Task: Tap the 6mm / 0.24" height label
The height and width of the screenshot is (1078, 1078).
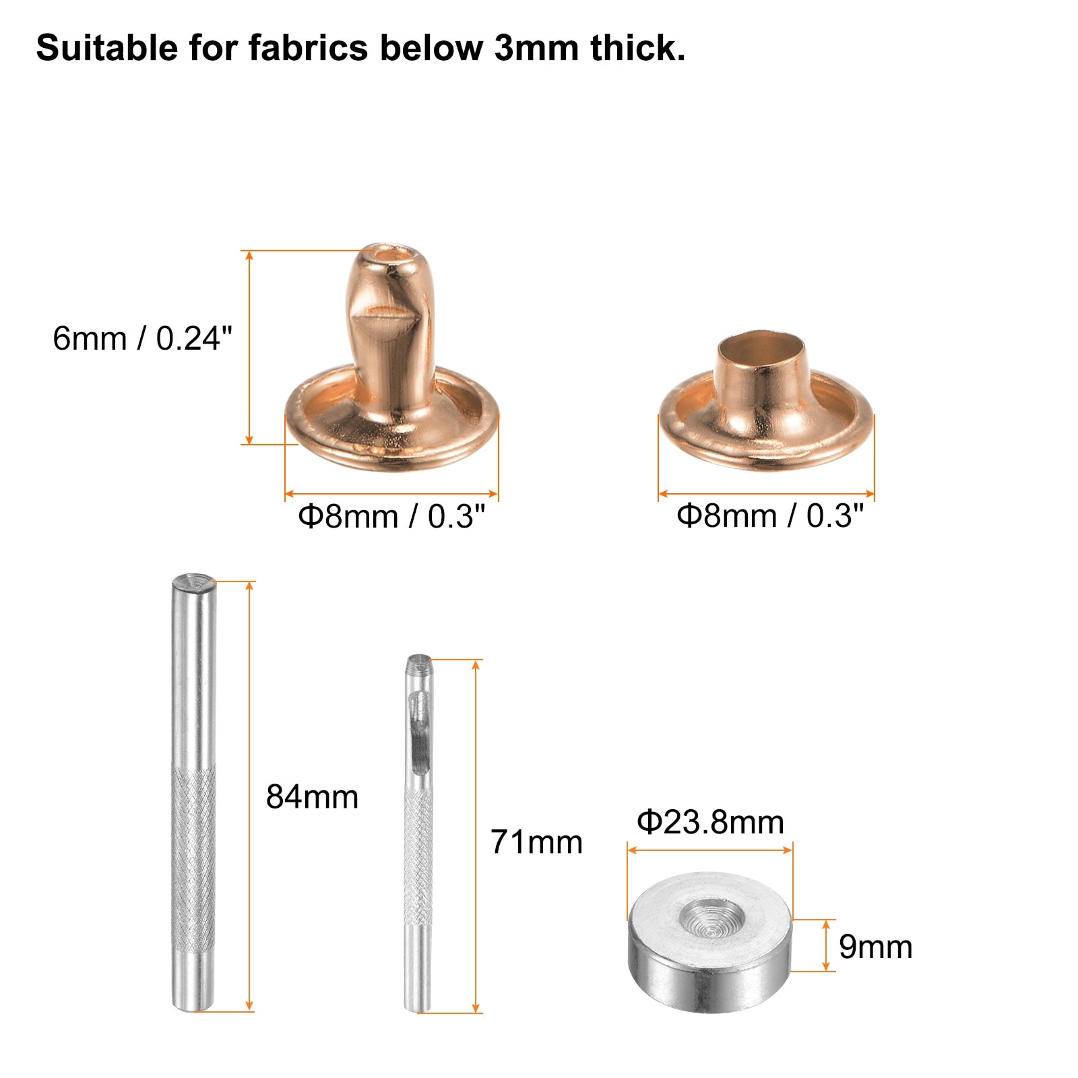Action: pyautogui.click(x=142, y=338)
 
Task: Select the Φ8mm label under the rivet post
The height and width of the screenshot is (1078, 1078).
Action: pyautogui.click(x=391, y=517)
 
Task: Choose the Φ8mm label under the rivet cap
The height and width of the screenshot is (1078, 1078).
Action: pyautogui.click(x=769, y=516)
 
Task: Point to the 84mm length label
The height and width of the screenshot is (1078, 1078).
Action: pyautogui.click(x=312, y=797)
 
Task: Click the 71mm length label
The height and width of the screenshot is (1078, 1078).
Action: pyautogui.click(x=536, y=842)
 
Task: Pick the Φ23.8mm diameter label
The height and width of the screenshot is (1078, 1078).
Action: pyautogui.click(x=710, y=823)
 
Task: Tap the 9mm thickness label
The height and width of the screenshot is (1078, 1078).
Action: pyautogui.click(x=876, y=947)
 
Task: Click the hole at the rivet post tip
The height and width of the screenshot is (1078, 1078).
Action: pyautogui.click(x=387, y=255)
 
